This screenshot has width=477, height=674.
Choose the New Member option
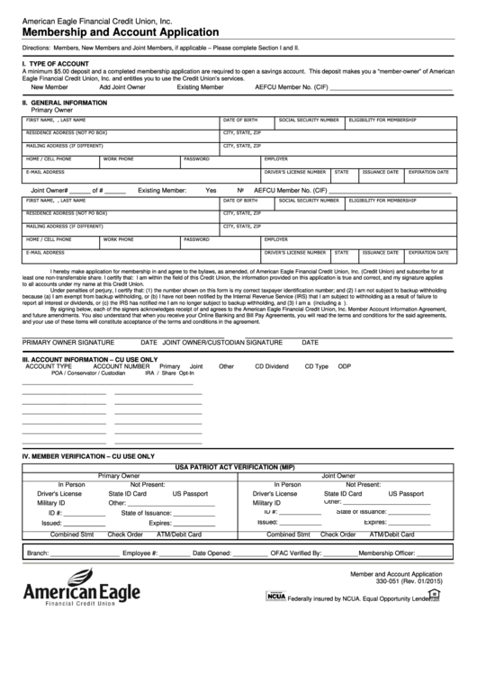click(x=49, y=87)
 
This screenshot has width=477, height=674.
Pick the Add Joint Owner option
click(x=122, y=87)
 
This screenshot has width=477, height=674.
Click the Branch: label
click(x=38, y=553)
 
